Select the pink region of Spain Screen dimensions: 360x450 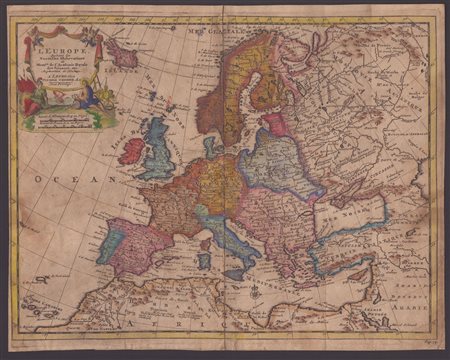point(130,246)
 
